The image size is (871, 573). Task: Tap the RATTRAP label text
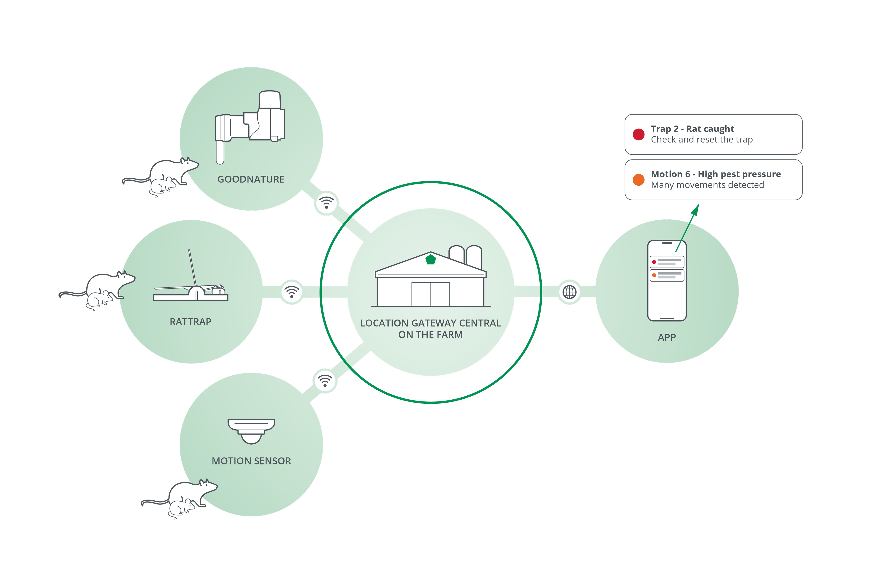[x=190, y=322]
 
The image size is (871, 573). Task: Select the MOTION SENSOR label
[x=251, y=461]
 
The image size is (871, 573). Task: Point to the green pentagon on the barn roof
[x=431, y=260]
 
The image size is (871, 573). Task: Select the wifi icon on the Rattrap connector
[x=292, y=292]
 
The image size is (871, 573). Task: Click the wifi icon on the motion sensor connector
[x=325, y=380]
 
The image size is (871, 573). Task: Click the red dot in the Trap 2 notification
[x=639, y=134]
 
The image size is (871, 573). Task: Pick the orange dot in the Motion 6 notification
[x=639, y=180]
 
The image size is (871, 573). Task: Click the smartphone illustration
[x=667, y=281]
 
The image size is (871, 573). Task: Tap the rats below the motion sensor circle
[x=181, y=498]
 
